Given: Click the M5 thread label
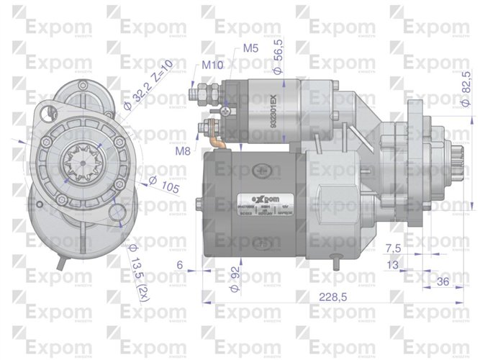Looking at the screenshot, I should [x=250, y=49].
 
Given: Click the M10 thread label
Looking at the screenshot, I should [x=212, y=66].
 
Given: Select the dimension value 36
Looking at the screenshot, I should [x=443, y=281].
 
